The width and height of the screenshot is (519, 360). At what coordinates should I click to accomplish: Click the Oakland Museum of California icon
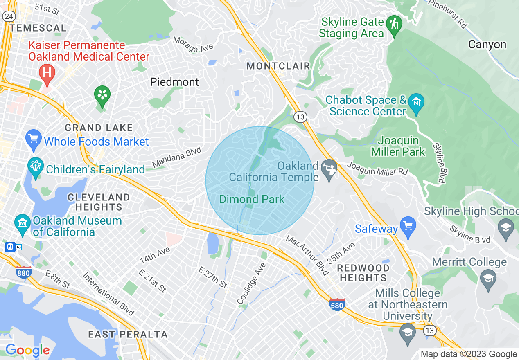pos(22,223)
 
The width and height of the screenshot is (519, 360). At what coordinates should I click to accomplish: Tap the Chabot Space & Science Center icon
pos(416,102)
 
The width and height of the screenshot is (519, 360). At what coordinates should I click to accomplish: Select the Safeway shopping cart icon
pos(408,226)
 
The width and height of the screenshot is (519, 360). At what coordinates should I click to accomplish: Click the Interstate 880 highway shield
pos(24,272)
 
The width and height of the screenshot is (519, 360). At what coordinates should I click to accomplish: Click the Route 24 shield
pos(9,16)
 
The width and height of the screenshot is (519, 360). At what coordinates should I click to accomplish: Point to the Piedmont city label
pos(174,82)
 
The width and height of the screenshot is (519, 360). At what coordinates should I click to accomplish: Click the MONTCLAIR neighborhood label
pos(278,66)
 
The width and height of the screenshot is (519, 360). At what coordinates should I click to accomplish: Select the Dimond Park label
pos(252,199)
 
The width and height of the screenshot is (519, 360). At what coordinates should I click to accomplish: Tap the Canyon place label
pos(487,44)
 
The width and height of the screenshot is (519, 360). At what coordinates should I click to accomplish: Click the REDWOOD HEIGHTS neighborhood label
pos(363,273)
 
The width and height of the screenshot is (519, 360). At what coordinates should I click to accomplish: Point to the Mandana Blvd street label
pos(177,158)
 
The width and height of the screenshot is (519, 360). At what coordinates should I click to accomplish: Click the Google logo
pos(27,350)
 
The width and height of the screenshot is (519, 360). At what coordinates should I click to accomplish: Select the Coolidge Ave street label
pos(251,283)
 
